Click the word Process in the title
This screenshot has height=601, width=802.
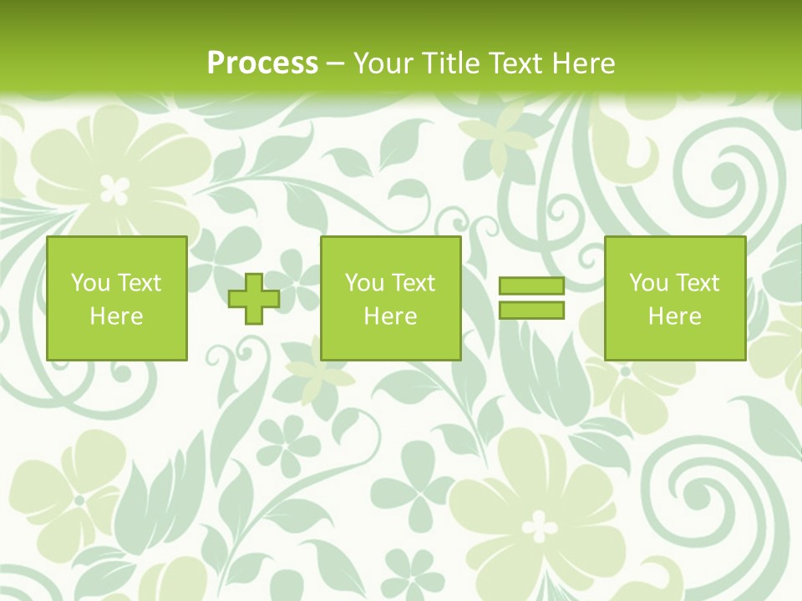pos(262,63)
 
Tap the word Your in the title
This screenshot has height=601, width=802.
pos(383,63)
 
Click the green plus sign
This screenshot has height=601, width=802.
pos(254,299)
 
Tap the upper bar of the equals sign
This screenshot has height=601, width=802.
pos(531,286)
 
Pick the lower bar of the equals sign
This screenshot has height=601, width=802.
pos(531,311)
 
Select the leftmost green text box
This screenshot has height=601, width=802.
pos(117,299)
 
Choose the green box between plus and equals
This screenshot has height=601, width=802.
pos(391,299)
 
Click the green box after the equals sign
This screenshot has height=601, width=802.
pos(675,299)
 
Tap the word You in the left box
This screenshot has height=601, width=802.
pos(90,283)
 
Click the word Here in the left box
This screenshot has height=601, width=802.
pos(117,316)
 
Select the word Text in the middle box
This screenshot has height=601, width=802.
pos(414,283)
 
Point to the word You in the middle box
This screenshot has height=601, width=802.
pos(364,283)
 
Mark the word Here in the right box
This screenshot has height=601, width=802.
pos(675,316)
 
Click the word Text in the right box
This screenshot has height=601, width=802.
pos(698,283)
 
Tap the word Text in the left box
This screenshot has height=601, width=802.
pos(140,283)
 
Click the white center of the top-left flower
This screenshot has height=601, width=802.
pos(115,189)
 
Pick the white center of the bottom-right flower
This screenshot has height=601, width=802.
pos(541,527)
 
